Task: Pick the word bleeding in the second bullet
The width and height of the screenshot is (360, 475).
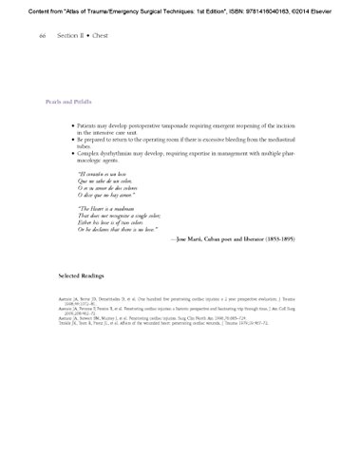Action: (x=247, y=141)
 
